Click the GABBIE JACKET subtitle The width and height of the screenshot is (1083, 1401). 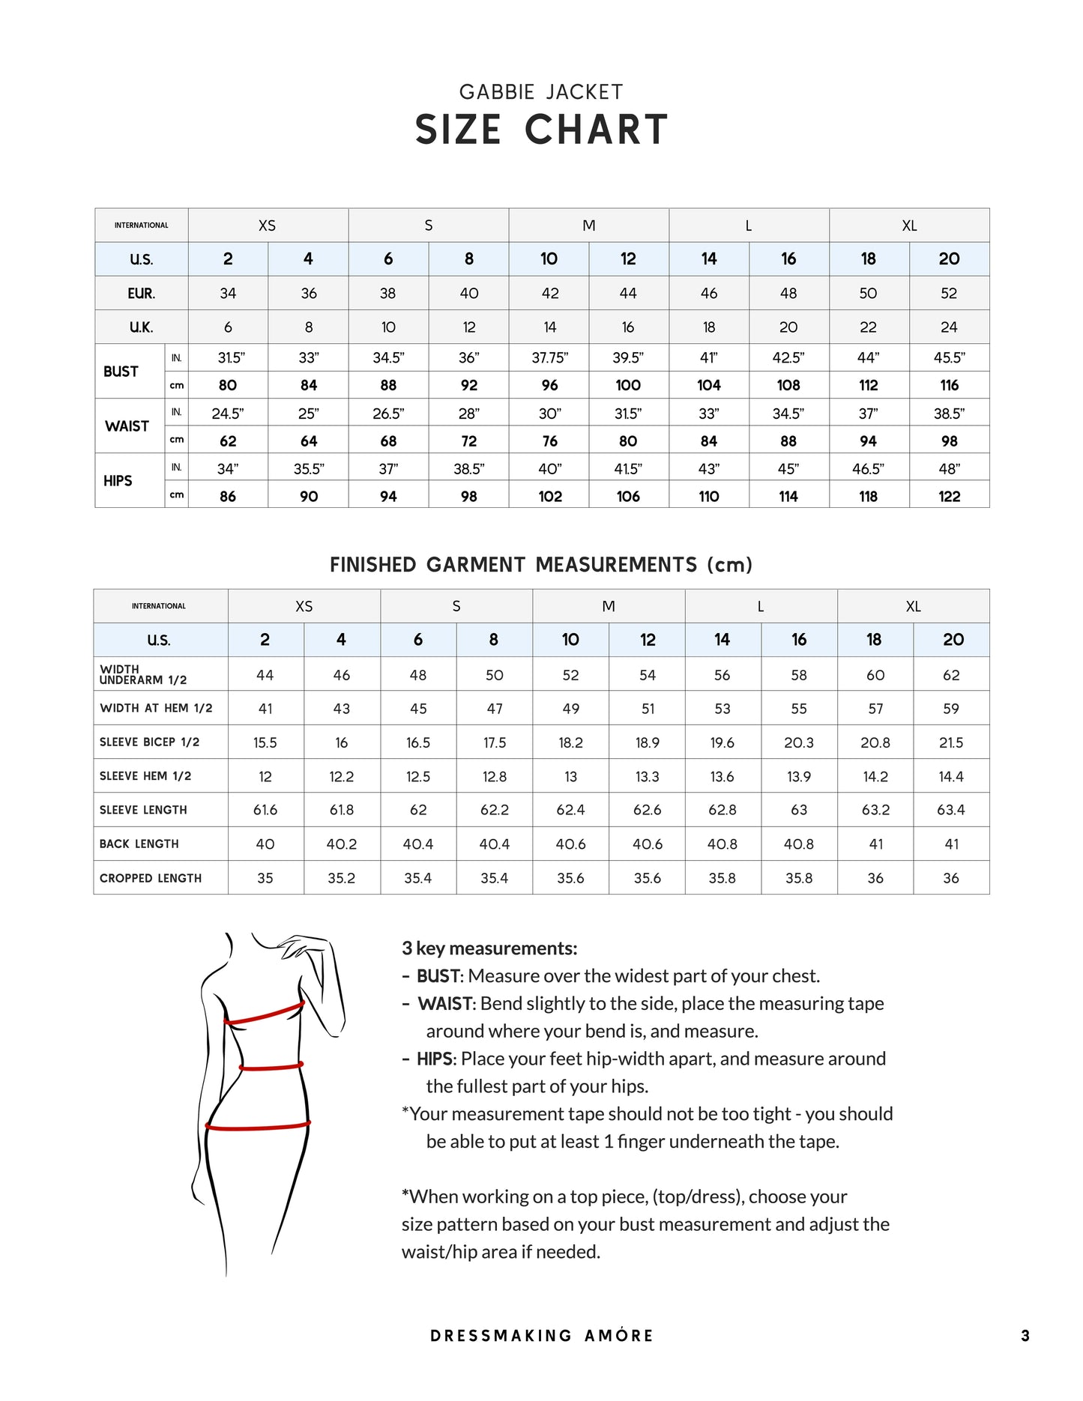(540, 92)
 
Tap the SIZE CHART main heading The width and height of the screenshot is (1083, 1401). (541, 130)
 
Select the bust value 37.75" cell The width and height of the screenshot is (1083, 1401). (549, 358)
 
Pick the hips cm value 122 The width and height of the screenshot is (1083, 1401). (949, 496)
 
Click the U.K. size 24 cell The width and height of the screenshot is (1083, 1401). (949, 327)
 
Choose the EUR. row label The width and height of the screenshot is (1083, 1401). (141, 294)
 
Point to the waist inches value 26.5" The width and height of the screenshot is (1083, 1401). (388, 414)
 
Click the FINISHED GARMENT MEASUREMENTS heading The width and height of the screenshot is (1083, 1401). (541, 565)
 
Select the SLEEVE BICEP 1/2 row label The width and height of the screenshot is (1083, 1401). (150, 742)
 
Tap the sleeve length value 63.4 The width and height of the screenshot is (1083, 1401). (950, 810)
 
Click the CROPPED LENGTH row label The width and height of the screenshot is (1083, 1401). (151, 878)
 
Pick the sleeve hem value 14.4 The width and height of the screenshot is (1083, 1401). (950, 777)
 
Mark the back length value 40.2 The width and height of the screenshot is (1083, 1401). (342, 844)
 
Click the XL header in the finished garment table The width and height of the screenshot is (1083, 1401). (913, 606)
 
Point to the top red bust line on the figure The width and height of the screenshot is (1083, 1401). (265, 1014)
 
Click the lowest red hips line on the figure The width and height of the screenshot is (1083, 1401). (257, 1126)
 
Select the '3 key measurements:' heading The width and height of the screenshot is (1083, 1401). (489, 948)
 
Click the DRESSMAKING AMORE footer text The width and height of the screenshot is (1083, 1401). (541, 1336)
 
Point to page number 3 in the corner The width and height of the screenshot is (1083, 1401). (1025, 1336)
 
